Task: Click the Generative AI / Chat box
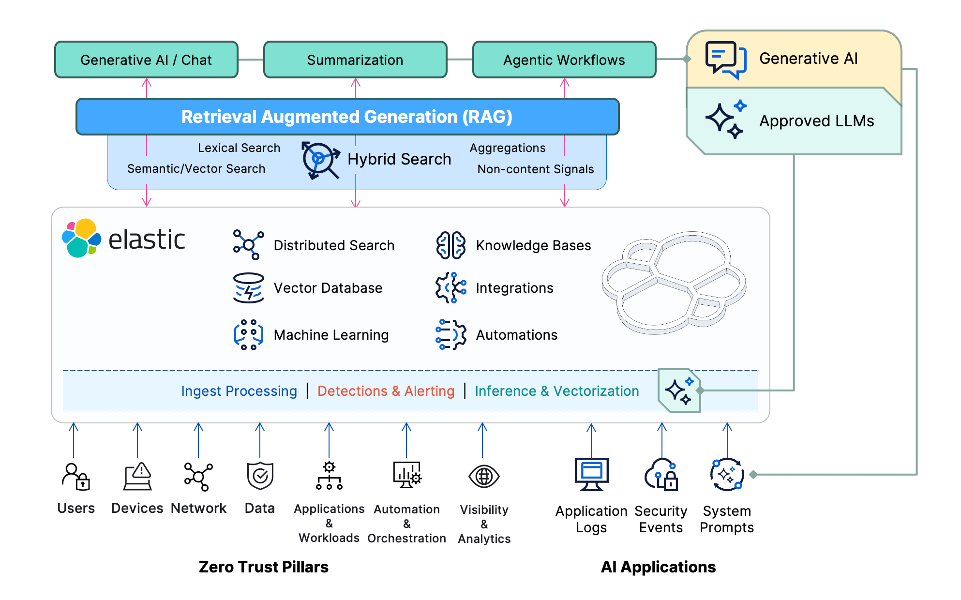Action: pos(146,60)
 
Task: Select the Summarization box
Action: pos(355,60)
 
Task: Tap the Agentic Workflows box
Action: pos(564,60)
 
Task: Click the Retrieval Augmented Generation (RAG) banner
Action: pos(347,117)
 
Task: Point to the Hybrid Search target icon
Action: pos(320,160)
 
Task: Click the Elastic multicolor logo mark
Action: pos(81,238)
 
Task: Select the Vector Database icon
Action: pos(248,288)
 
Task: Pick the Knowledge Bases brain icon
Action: pos(450,245)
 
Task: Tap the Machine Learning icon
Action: pos(248,334)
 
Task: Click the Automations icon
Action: pos(450,334)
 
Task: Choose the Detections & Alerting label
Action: pos(386,391)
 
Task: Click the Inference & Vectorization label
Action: pos(556,391)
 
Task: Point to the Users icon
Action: pos(76,477)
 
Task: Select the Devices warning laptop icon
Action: pos(138,477)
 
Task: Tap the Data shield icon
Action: pos(260,476)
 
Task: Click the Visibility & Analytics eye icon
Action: pos(484,477)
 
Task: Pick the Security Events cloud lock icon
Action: pos(661,475)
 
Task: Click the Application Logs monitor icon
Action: pos(591,474)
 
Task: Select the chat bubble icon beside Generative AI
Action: pos(725,60)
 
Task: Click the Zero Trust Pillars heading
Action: pos(263,567)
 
